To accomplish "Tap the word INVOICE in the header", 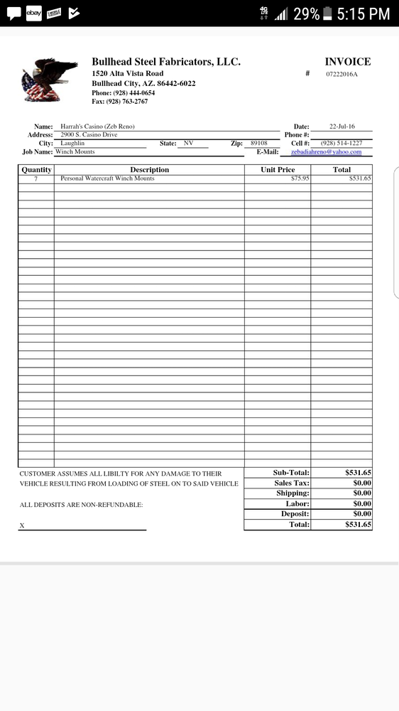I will tap(347, 62).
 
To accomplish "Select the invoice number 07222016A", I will tap(342, 74).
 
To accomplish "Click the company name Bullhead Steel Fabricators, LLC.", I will tap(166, 62).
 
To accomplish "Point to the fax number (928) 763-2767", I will tap(120, 102).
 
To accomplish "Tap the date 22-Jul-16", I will tap(342, 127).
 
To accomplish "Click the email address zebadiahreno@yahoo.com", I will tap(327, 151).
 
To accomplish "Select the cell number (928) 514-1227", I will tap(341, 143).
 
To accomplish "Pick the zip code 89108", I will tap(259, 143).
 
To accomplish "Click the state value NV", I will tap(188, 143).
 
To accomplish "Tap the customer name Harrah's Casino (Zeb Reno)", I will tap(97, 127).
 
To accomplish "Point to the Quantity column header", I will tap(36, 170).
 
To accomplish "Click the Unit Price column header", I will tap(278, 170).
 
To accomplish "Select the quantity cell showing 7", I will tap(35, 178).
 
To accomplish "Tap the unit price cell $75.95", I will tap(300, 178).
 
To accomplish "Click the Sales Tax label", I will tap(292, 483).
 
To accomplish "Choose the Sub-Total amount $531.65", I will tap(358, 472).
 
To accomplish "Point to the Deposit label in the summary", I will tap(295, 513).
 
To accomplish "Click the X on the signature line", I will tap(22, 525).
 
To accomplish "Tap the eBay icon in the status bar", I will tap(33, 13).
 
